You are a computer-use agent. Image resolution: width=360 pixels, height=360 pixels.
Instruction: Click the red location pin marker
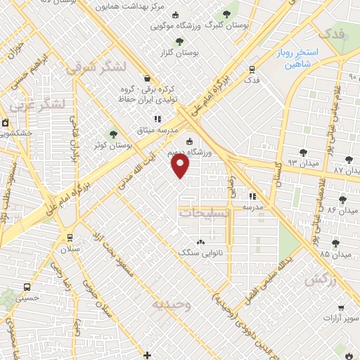pos(181,166)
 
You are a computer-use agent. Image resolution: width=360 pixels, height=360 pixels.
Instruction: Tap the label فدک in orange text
pos(332,33)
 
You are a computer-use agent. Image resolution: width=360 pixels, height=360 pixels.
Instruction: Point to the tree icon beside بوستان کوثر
pos(113,134)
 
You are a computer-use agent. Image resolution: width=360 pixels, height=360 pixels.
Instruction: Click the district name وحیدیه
pos(170,304)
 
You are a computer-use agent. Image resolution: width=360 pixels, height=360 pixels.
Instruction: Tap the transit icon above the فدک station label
pos(252,69)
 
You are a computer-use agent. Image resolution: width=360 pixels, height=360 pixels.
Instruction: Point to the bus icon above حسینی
pos(27,288)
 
